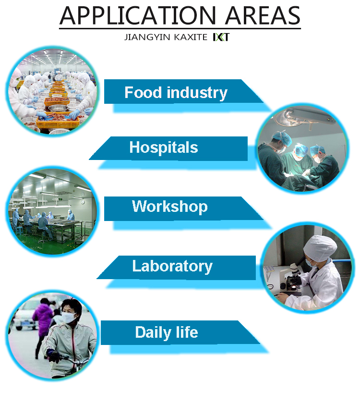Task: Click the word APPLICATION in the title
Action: pos(138,15)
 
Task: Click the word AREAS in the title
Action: pos(263,15)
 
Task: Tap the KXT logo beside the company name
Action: pos(221,37)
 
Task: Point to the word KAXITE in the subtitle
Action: pos(191,37)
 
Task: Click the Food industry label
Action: pos(176,93)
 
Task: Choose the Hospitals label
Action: pos(164,147)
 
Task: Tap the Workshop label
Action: pos(170,207)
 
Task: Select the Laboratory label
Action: pos(172,266)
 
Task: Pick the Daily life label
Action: pos(167,332)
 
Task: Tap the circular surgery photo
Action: pos(302,148)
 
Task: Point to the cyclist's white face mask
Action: pos(68,318)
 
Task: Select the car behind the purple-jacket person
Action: pos(24,318)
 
